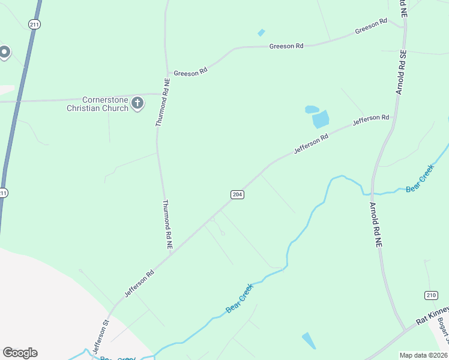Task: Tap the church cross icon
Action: [x=137, y=103]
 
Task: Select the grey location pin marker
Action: [x=4, y=52]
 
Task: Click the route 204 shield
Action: [x=237, y=194]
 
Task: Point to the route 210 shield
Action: [x=431, y=295]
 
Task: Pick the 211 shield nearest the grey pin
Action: [x=34, y=23]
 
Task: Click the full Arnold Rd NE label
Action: [x=376, y=225]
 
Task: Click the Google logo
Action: [x=20, y=353]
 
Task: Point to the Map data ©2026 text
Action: [x=424, y=355]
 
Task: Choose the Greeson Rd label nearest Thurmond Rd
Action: [x=190, y=72]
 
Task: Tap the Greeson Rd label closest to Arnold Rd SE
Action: [x=371, y=26]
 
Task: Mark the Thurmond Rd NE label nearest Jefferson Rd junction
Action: [x=167, y=224]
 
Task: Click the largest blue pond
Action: [x=321, y=119]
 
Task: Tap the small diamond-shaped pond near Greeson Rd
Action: [x=261, y=32]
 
